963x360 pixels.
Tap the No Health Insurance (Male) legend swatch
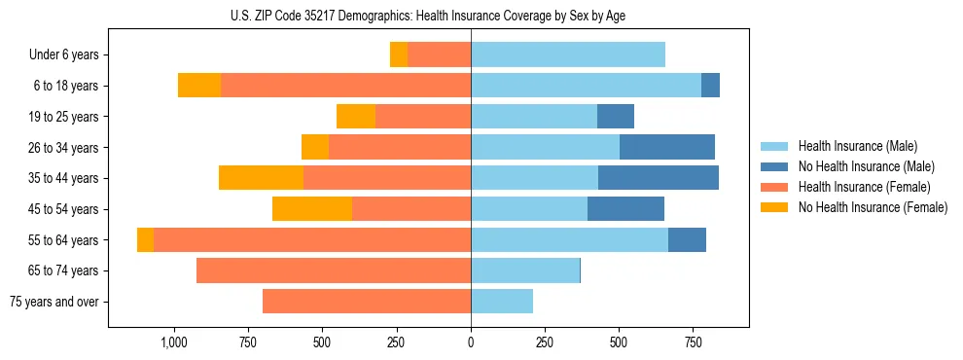coord(774,166)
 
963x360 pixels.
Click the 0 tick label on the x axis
coord(471,342)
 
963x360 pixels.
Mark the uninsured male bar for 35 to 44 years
coord(658,178)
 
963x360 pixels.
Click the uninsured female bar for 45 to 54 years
coord(312,209)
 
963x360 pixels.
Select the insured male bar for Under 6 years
coord(568,55)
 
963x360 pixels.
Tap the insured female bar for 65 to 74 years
coord(334,270)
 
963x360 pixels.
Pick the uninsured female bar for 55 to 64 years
coord(145,240)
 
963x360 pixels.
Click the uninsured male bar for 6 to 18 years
coord(710,86)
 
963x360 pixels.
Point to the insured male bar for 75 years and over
coord(502,302)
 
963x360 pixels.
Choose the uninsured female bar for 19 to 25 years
coord(356,117)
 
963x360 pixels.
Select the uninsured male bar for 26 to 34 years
coord(667,148)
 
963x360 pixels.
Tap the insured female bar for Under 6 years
coord(439,55)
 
